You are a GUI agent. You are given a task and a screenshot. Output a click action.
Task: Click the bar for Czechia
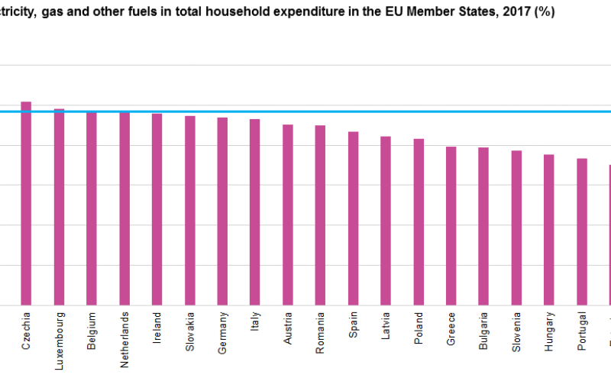[26, 203]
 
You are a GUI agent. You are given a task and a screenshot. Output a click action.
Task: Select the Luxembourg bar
[59, 207]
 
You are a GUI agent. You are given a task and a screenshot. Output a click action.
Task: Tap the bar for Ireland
[157, 209]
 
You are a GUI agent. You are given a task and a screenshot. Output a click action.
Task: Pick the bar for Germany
[222, 212]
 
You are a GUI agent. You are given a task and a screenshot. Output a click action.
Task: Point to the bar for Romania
[320, 215]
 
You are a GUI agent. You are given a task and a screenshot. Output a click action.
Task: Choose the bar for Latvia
[386, 221]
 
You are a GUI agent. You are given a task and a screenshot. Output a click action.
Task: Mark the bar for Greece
[451, 226]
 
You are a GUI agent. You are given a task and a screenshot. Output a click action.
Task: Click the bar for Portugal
[582, 231]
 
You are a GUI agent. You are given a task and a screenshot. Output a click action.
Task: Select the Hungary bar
[549, 230]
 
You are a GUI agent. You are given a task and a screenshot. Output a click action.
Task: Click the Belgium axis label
[92, 330]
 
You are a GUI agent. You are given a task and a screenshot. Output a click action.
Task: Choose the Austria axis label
[288, 327]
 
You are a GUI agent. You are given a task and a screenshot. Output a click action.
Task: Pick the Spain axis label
[354, 324]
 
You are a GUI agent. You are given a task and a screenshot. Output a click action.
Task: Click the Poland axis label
[419, 326]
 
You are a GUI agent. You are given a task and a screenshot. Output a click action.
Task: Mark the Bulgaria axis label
[484, 330]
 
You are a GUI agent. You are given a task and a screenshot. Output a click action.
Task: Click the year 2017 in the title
[518, 12]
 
